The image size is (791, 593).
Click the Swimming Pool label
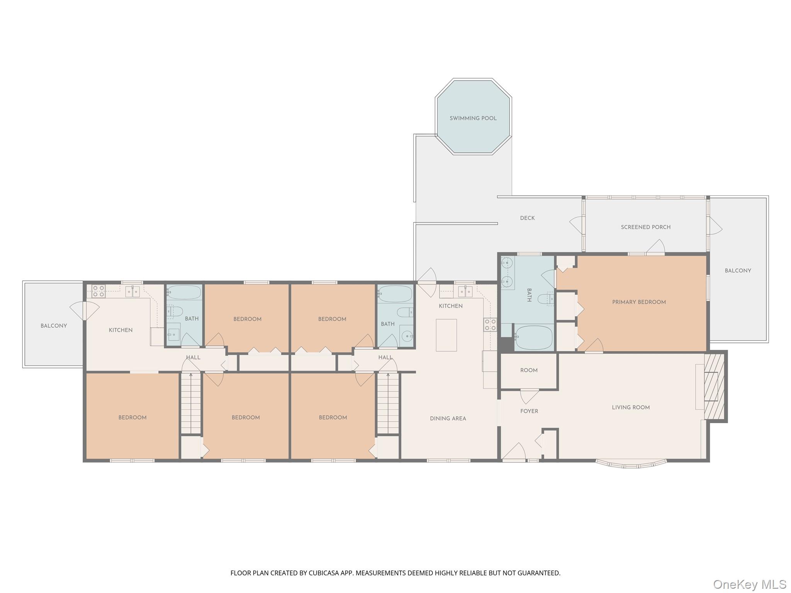click(473, 118)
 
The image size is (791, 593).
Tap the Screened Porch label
click(645, 227)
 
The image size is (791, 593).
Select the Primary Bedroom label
click(639, 302)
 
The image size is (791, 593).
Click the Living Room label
click(630, 407)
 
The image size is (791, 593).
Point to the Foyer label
click(529, 411)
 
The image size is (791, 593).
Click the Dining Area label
click(448, 418)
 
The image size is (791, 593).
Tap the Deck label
click(527, 218)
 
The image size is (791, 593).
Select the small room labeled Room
click(529, 370)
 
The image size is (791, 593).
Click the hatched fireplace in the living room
click(715, 386)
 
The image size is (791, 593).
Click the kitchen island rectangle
click(446, 335)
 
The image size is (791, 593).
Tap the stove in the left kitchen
click(98, 291)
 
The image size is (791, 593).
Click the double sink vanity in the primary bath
click(508, 272)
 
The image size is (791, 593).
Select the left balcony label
click(54, 326)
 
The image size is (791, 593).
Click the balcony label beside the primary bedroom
click(738, 271)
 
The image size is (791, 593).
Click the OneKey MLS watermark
click(749, 584)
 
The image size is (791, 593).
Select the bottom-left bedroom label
click(132, 417)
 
